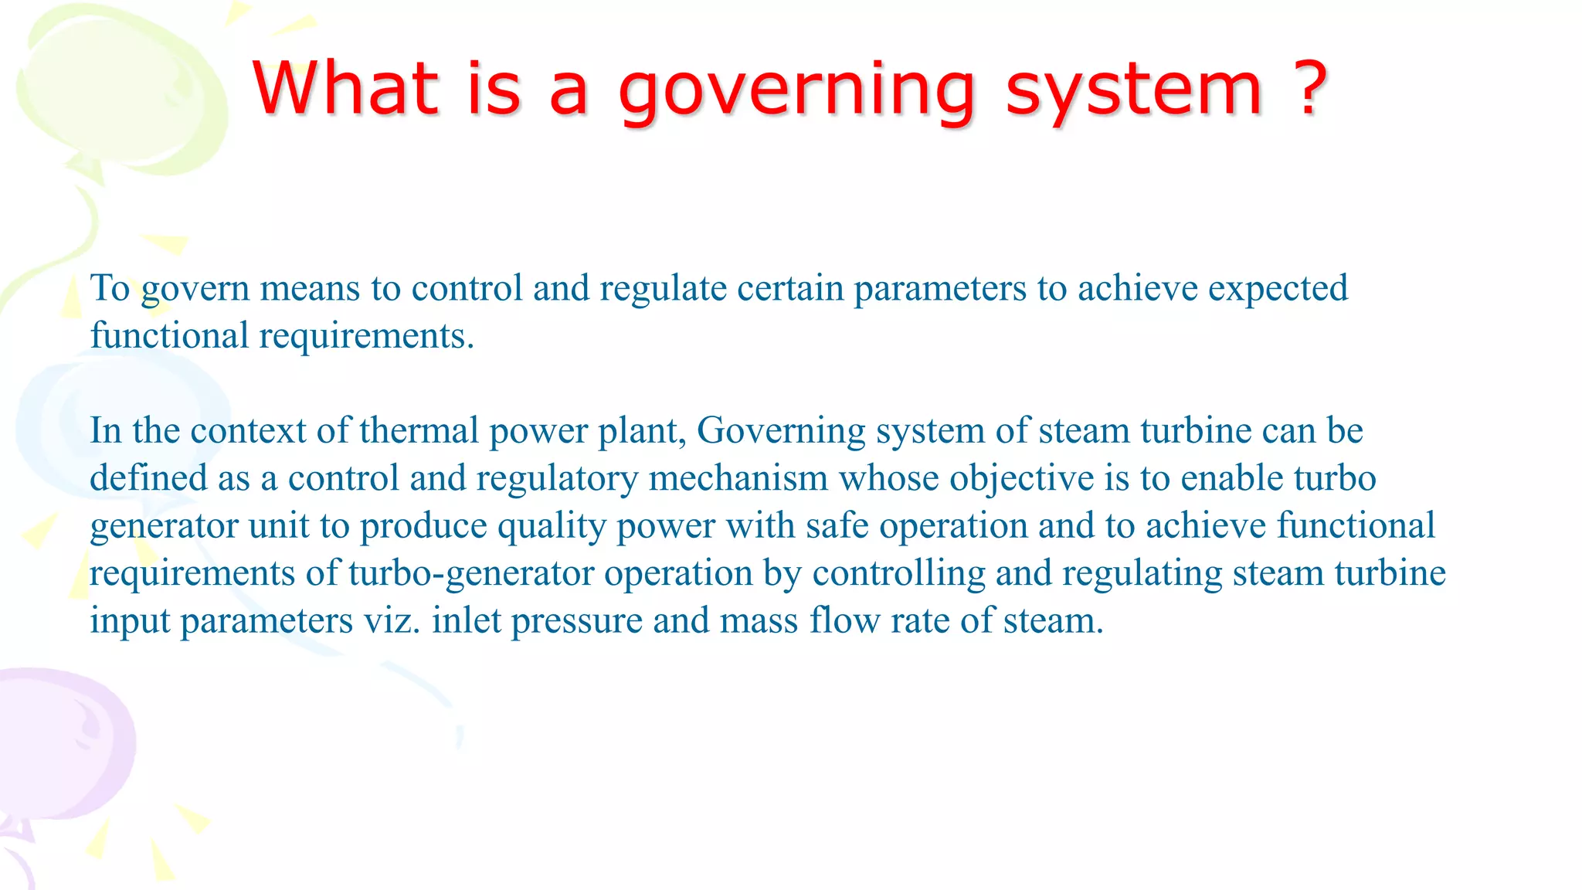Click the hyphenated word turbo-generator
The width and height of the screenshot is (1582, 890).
[x=472, y=573]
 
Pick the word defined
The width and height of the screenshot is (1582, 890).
[x=148, y=478]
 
